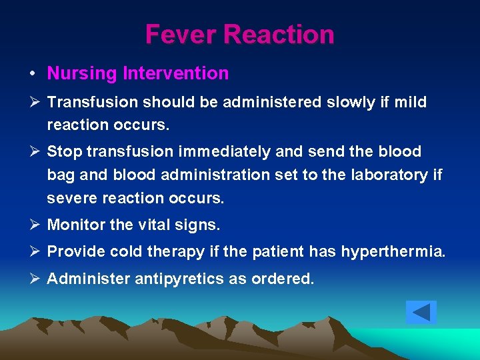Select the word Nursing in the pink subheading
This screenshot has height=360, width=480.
click(82, 73)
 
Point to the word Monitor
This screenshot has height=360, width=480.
click(76, 225)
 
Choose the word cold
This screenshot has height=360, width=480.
click(128, 252)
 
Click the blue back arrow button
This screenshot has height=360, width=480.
click(421, 312)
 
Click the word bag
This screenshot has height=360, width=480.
click(60, 175)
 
